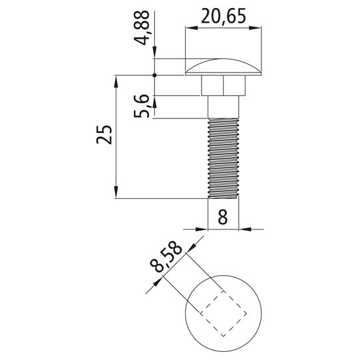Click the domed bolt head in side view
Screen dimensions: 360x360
(223, 67)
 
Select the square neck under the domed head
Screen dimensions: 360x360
(223, 85)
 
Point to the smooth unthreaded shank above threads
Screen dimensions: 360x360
(223, 106)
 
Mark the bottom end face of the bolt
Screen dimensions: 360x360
(223, 198)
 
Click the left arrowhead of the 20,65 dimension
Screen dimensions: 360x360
(190, 27)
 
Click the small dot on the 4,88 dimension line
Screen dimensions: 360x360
(154, 75)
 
